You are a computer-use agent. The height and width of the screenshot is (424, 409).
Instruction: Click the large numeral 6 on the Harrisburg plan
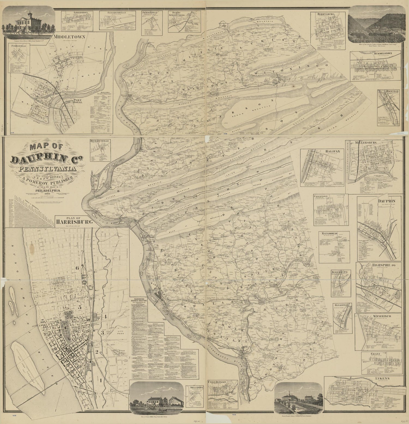click(77, 268)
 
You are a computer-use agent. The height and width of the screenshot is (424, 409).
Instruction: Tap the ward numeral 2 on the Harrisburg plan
click(97, 351)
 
